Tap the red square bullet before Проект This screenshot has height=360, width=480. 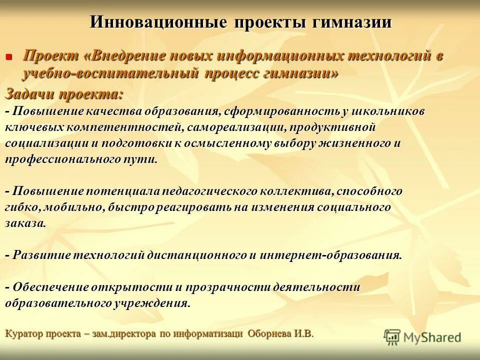click(8, 57)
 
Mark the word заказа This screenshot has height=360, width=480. click(25, 223)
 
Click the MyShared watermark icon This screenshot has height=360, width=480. click(392, 337)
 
